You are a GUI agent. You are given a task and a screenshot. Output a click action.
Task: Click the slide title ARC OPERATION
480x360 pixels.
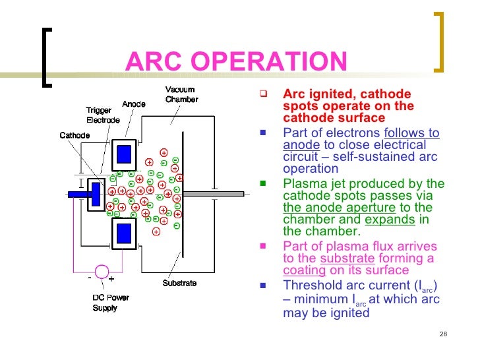[235, 63]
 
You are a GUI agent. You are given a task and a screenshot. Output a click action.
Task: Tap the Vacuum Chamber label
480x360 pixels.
[181, 95]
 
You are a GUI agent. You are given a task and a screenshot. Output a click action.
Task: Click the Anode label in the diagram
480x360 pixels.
[134, 104]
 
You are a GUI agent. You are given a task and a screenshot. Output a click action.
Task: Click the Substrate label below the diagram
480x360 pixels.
[179, 284]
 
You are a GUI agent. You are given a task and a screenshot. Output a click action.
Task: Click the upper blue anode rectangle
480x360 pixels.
[124, 154]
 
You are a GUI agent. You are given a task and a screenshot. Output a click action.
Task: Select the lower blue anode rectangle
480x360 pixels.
[124, 233]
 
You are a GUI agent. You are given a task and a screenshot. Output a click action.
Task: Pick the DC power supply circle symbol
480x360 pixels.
[102, 271]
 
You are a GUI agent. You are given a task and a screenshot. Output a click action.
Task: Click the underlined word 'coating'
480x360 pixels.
[304, 270]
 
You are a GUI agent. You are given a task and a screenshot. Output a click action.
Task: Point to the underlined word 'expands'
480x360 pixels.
[389, 220]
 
